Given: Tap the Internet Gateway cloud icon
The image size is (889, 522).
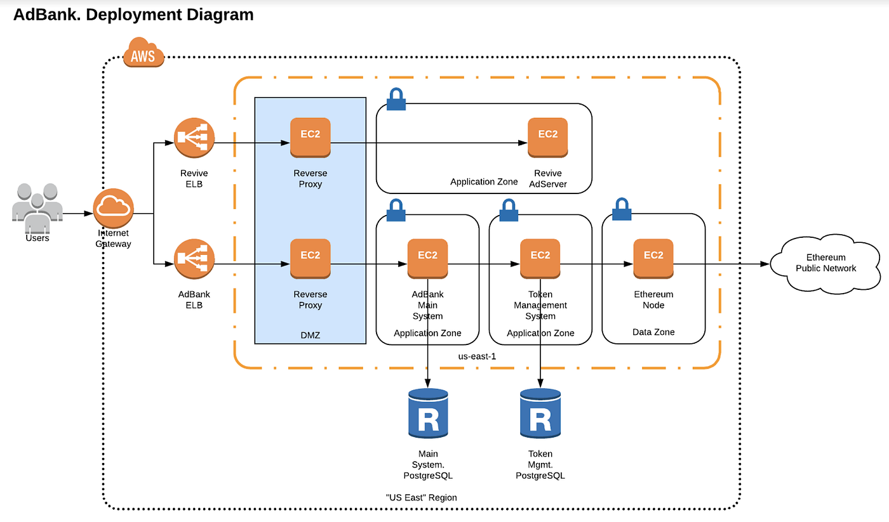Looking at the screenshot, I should pyautogui.click(x=114, y=208).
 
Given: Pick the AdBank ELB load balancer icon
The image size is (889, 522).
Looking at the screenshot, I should pyautogui.click(x=194, y=259).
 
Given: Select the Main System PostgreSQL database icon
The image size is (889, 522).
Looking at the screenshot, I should pyautogui.click(x=428, y=414).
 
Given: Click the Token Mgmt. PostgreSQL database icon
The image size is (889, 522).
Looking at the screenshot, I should pyautogui.click(x=540, y=414).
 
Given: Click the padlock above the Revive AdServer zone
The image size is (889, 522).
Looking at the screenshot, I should pyautogui.click(x=396, y=100).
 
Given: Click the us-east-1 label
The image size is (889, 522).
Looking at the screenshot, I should pyautogui.click(x=477, y=356).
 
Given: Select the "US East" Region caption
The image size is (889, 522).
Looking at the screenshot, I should pyautogui.click(x=421, y=497).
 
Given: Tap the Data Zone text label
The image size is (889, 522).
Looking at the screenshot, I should pyautogui.click(x=653, y=332).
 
